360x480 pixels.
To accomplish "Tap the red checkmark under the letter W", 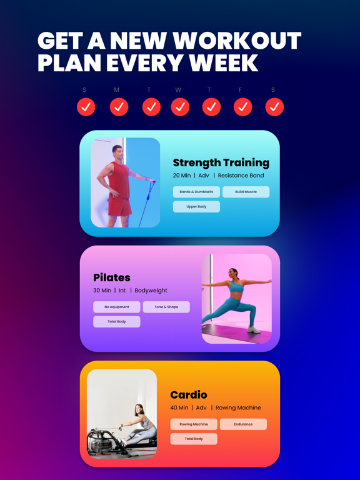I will [180, 107].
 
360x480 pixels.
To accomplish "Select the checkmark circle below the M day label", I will [119, 107].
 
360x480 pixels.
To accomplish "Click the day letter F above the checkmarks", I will [240, 90].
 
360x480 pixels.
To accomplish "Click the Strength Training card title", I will [221, 162].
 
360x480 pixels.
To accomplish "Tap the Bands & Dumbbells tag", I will [196, 192].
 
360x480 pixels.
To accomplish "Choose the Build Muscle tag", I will [246, 192].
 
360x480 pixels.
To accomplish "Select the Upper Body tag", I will [196, 206].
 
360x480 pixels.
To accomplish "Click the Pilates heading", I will [112, 277].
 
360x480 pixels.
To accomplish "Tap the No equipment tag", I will [116, 307].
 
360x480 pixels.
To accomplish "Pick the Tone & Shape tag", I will [166, 307].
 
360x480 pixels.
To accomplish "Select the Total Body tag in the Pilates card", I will [116, 321].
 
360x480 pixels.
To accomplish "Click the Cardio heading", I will [188, 394].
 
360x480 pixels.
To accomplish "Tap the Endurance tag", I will [243, 424].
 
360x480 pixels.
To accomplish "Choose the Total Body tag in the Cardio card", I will [194, 439].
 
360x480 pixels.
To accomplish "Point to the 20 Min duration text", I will [181, 176].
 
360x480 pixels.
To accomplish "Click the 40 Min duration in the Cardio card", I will [179, 407].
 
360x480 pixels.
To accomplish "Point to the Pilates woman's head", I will [234, 274].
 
